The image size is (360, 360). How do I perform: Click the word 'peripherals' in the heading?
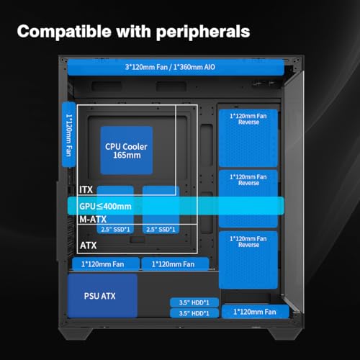point(203,32)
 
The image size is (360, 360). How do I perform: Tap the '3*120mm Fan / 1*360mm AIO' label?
point(170,67)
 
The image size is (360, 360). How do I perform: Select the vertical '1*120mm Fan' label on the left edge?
point(69,135)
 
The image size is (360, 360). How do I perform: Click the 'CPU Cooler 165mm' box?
point(127,150)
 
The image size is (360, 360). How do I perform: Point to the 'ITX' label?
point(86,189)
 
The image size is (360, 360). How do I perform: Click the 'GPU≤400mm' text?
point(105,207)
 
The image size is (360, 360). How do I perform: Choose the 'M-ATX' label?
point(93,219)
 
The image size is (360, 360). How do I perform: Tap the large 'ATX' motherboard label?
point(89,246)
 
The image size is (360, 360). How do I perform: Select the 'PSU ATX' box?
point(102,296)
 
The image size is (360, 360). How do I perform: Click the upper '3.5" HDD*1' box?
point(194,302)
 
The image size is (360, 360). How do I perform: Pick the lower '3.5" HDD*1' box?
point(194,313)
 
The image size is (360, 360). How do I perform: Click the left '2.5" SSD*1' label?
point(115,230)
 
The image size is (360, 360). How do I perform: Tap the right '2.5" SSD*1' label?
point(161,230)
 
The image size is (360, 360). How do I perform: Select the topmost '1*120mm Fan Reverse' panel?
point(248,138)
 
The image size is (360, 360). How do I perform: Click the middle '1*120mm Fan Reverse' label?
point(248,180)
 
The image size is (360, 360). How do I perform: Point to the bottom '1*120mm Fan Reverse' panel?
point(248,260)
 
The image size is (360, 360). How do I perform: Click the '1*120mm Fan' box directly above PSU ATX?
point(106,264)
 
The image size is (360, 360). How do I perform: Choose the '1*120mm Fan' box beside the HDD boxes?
point(256,312)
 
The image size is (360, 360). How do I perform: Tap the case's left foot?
point(76,333)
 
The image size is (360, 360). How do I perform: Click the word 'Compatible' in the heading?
point(64,32)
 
